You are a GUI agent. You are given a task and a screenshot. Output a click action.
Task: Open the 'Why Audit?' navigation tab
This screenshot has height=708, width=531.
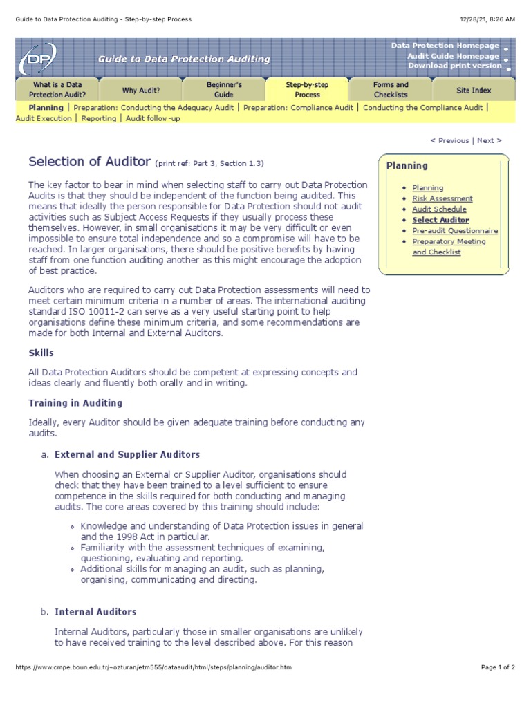click(x=141, y=90)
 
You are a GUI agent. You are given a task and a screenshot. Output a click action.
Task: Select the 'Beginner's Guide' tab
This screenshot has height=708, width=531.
click(x=224, y=90)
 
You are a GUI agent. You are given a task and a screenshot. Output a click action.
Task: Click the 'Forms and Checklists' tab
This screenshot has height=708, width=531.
click(x=391, y=90)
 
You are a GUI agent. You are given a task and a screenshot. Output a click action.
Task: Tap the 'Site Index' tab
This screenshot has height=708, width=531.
click(x=474, y=90)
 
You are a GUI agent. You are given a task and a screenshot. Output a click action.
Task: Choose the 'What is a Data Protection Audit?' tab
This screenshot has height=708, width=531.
click(x=59, y=90)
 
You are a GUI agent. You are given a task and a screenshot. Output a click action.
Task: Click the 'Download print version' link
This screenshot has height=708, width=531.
click(x=454, y=66)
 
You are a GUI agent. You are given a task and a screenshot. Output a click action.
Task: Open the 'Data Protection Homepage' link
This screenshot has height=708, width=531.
click(x=445, y=46)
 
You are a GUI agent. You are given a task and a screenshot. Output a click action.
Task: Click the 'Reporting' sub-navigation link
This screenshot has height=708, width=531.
click(x=98, y=118)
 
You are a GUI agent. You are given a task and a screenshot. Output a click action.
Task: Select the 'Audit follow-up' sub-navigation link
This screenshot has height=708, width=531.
click(x=154, y=118)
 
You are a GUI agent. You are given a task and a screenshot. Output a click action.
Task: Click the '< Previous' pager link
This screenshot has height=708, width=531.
click(x=449, y=140)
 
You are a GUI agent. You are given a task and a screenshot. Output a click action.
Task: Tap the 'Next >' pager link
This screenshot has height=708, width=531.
click(x=489, y=140)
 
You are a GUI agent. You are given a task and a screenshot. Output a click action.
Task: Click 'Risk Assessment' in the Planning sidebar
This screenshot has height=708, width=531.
click(x=442, y=198)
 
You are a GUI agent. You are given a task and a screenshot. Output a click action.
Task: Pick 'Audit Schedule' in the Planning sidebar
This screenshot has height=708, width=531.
click(x=439, y=209)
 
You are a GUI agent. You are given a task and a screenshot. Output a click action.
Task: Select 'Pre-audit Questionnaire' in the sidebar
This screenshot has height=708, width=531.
click(x=455, y=231)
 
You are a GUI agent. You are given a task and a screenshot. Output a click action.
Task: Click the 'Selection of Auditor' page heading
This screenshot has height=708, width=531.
click(x=89, y=162)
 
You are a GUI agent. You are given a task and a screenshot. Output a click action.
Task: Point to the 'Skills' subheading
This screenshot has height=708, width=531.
click(x=41, y=353)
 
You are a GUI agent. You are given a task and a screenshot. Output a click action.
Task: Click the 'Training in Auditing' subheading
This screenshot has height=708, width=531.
click(x=75, y=403)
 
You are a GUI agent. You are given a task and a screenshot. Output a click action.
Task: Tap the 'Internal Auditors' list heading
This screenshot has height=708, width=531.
click(x=95, y=612)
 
